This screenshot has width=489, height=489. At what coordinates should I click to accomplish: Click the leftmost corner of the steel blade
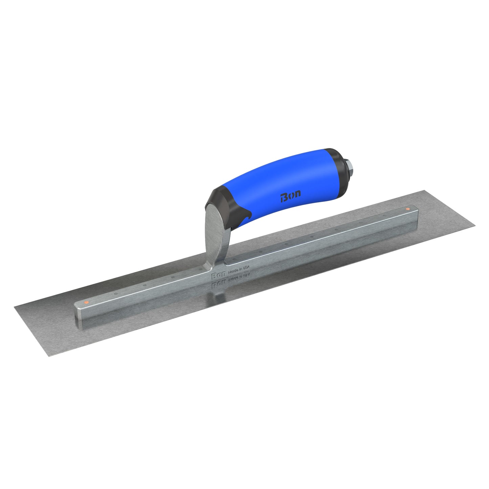[15, 307]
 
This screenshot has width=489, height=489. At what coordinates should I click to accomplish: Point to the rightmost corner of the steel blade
[475, 227]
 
